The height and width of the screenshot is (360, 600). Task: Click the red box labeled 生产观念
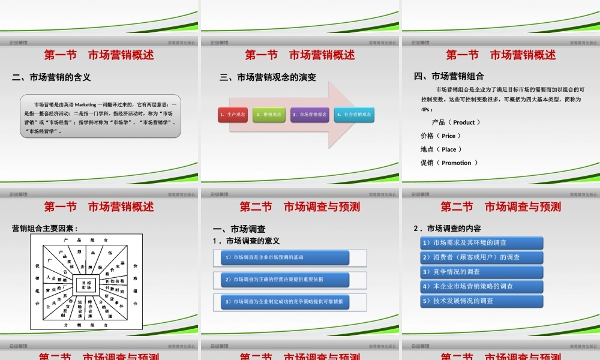pos(233,114)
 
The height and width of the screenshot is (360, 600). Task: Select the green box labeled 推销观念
pos(269,114)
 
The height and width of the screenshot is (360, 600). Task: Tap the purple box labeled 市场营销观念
pos(310,114)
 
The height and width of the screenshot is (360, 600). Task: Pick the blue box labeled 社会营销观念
pos(353,114)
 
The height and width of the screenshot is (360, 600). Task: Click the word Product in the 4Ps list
pos(464,122)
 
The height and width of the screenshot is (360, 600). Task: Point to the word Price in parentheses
pos(448,136)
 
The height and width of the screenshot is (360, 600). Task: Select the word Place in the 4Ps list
pos(449,149)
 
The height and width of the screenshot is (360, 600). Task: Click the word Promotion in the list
pos(457,163)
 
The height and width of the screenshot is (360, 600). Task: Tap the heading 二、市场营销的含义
pos(52,77)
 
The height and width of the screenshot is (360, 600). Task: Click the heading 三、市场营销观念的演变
pos(268,77)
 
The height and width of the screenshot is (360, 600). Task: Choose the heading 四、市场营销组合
pos(449,76)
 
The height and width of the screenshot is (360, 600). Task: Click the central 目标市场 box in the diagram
pos(86,285)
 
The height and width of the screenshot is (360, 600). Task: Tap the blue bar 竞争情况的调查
pos(482,272)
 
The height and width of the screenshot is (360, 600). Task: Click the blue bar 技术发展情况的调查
pos(482,301)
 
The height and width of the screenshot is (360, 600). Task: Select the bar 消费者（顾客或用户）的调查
pos(482,257)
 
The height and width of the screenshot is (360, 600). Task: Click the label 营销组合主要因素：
pos(46,228)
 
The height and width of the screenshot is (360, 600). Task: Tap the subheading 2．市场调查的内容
pos(448,229)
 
